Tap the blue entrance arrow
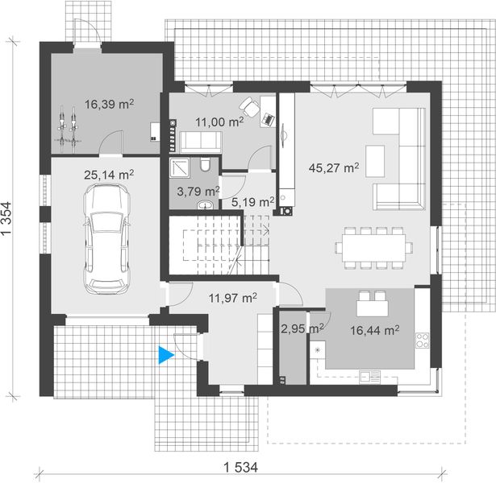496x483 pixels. [167, 355]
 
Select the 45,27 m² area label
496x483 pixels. [333, 168]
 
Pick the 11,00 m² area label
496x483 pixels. [219, 122]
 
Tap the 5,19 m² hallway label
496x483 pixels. [248, 201]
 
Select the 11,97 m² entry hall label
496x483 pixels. [232, 298]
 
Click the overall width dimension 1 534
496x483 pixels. [237, 467]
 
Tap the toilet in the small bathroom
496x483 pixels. [206, 165]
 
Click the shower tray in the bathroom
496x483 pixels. [179, 167]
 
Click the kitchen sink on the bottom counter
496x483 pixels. [371, 375]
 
